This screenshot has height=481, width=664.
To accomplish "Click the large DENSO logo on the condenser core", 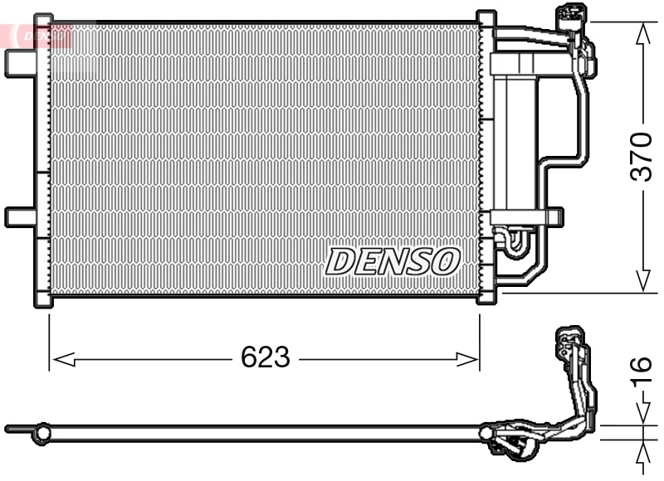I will tap(392, 261).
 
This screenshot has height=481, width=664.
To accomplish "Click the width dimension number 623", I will tap(265, 358).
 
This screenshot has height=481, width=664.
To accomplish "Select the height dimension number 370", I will tap(641, 155).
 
